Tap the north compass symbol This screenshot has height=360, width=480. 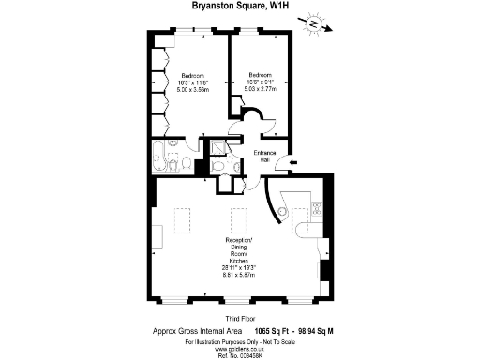(x=316, y=24)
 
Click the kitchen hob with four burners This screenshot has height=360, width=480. (x=318, y=210)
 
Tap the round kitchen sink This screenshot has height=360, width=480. (x=302, y=228)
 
